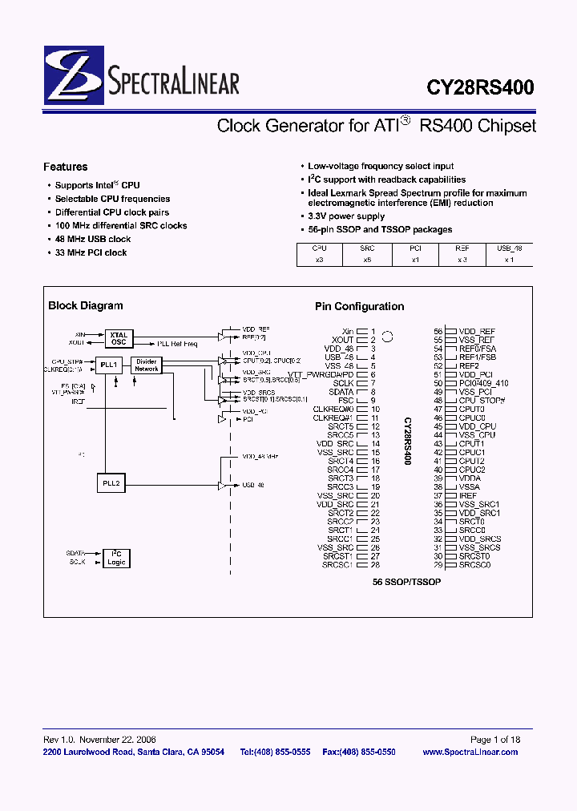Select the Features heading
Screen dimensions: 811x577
coord(65,167)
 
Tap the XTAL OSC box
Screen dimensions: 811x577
coord(119,338)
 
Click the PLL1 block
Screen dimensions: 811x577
coord(109,365)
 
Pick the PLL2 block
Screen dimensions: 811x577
coord(109,484)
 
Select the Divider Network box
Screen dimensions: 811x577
coord(146,365)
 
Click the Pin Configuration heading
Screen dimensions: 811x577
coord(359,306)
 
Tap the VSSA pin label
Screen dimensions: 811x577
coord(470,487)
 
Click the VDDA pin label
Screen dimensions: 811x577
coord(470,478)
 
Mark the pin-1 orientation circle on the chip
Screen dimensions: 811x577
coord(387,337)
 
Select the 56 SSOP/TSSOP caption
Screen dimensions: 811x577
coord(406,581)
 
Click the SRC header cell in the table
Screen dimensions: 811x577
coord(367,248)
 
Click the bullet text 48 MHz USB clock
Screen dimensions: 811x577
coord(92,239)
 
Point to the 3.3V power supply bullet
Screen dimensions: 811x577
coord(346,216)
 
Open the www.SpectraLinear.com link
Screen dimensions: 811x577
coord(470,752)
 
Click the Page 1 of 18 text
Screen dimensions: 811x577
coord(495,740)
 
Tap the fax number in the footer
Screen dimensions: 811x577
coord(358,752)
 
